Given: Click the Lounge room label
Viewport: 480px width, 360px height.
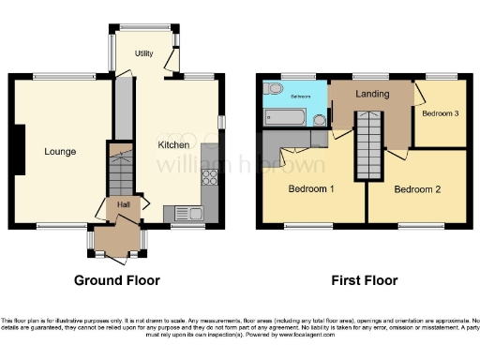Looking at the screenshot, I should point(59,151).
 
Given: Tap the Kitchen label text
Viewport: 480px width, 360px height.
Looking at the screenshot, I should point(173,145).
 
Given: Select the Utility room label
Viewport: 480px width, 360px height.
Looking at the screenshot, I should point(143,53).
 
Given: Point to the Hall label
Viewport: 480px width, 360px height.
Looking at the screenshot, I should point(123,203).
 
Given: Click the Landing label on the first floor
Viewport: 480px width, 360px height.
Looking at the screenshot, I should point(372,94).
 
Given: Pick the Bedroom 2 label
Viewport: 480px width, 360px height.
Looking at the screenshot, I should point(415,189).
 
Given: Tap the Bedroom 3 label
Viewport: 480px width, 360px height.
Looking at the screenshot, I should point(440,114).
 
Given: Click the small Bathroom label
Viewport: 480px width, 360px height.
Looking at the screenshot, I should point(300,97).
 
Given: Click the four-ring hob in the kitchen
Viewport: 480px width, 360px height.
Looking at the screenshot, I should point(209,173).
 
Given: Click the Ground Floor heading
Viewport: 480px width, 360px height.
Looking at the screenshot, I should point(117,280).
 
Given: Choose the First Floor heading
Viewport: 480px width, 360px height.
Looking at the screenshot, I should point(365,280).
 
